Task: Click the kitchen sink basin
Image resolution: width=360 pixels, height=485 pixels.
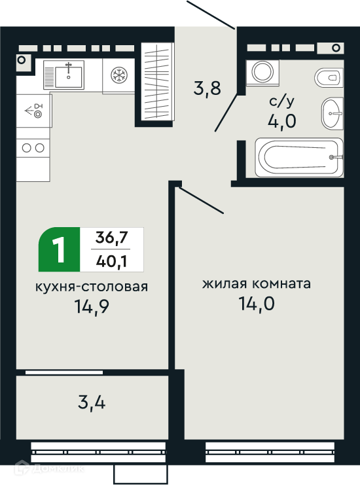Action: point(68,77)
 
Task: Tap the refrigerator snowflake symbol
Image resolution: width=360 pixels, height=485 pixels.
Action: point(119,75)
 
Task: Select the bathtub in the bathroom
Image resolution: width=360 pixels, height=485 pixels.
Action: point(299,158)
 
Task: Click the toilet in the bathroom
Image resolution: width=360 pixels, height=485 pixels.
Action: point(329,77)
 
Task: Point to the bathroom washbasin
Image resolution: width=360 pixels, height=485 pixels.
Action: point(332,113)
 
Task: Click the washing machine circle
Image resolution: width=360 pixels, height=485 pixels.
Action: point(262,72)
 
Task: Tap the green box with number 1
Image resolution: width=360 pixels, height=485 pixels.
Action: point(59,249)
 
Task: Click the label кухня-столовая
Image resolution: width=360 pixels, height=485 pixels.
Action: point(92,287)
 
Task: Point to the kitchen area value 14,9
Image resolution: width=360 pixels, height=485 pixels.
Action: point(92,306)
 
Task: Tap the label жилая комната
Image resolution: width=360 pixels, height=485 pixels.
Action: point(257,283)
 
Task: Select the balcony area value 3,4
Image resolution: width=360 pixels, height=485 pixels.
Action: point(92,403)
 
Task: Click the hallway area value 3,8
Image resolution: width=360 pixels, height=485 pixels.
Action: point(207,88)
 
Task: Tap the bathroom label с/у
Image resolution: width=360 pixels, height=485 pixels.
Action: point(281,101)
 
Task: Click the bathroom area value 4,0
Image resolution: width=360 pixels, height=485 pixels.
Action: point(281,120)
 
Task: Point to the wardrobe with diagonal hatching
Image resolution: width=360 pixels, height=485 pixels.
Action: point(158,81)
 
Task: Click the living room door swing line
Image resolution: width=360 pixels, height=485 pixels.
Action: point(201,200)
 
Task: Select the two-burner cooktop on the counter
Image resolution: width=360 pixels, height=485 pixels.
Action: point(33,148)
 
